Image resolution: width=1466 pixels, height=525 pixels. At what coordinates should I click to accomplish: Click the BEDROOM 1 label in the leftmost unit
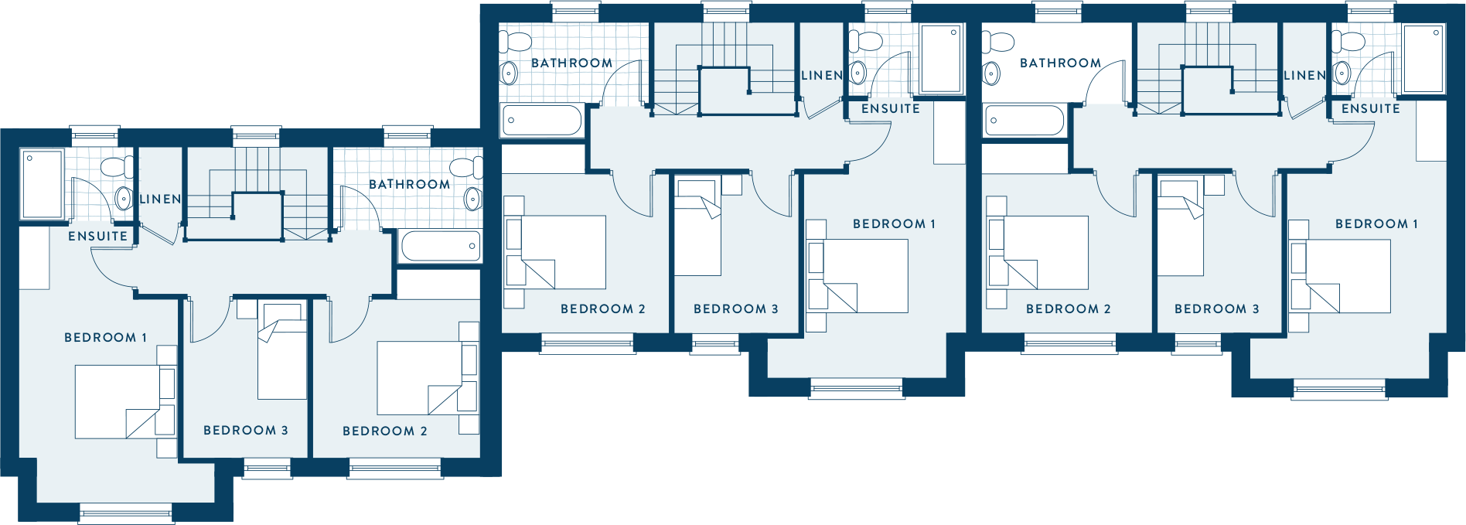pyautogui.click(x=105, y=338)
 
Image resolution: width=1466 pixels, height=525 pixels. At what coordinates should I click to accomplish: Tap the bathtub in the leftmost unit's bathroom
pyautogui.click(x=441, y=246)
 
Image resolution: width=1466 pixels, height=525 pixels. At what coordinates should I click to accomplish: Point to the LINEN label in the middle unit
pyautogui.click(x=821, y=76)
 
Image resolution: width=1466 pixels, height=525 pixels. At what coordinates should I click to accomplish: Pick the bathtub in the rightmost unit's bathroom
pyautogui.click(x=1024, y=121)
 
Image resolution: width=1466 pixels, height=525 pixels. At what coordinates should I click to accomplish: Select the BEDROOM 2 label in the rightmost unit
pyautogui.click(x=1069, y=309)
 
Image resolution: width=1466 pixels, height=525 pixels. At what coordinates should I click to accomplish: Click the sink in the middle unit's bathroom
pyautogui.click(x=509, y=73)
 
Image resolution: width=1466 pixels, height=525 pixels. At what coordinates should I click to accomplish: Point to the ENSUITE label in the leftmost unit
pyautogui.click(x=97, y=237)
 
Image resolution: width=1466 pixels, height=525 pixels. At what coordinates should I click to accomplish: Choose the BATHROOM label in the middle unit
pyautogui.click(x=571, y=63)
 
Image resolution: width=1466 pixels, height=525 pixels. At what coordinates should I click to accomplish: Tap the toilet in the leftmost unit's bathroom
pyautogui.click(x=465, y=168)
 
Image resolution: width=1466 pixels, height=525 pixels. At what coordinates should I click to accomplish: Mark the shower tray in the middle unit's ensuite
pyautogui.click(x=941, y=59)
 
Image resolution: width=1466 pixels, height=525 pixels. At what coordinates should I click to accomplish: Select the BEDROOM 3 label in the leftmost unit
pyautogui.click(x=246, y=431)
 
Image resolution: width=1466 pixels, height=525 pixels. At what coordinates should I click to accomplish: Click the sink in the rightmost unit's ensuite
pyautogui.click(x=1342, y=73)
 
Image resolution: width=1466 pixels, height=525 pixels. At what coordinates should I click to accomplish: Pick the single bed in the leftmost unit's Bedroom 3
pyautogui.click(x=282, y=352)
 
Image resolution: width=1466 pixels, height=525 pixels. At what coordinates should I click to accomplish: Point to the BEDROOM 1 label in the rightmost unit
pyautogui.click(x=1377, y=224)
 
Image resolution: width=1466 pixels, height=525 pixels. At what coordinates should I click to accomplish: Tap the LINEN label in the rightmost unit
pyautogui.click(x=1304, y=76)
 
